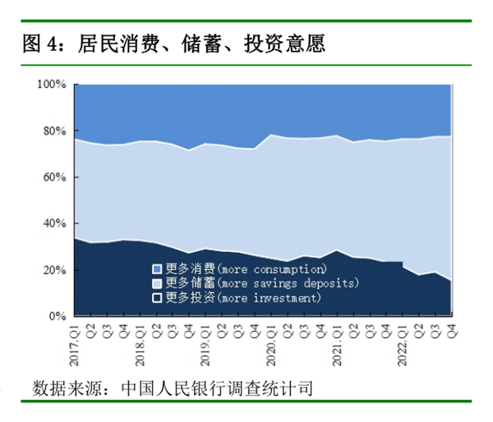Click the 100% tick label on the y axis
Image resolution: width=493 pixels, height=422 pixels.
pos(51,85)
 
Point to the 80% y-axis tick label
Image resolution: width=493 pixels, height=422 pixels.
pos(54,131)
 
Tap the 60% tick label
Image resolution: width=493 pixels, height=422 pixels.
pos(54,177)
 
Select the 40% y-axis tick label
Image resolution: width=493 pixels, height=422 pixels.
pos(54,223)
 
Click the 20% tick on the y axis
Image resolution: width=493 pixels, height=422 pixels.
pos(54,270)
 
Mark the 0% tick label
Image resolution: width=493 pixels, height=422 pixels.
pos(58,316)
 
